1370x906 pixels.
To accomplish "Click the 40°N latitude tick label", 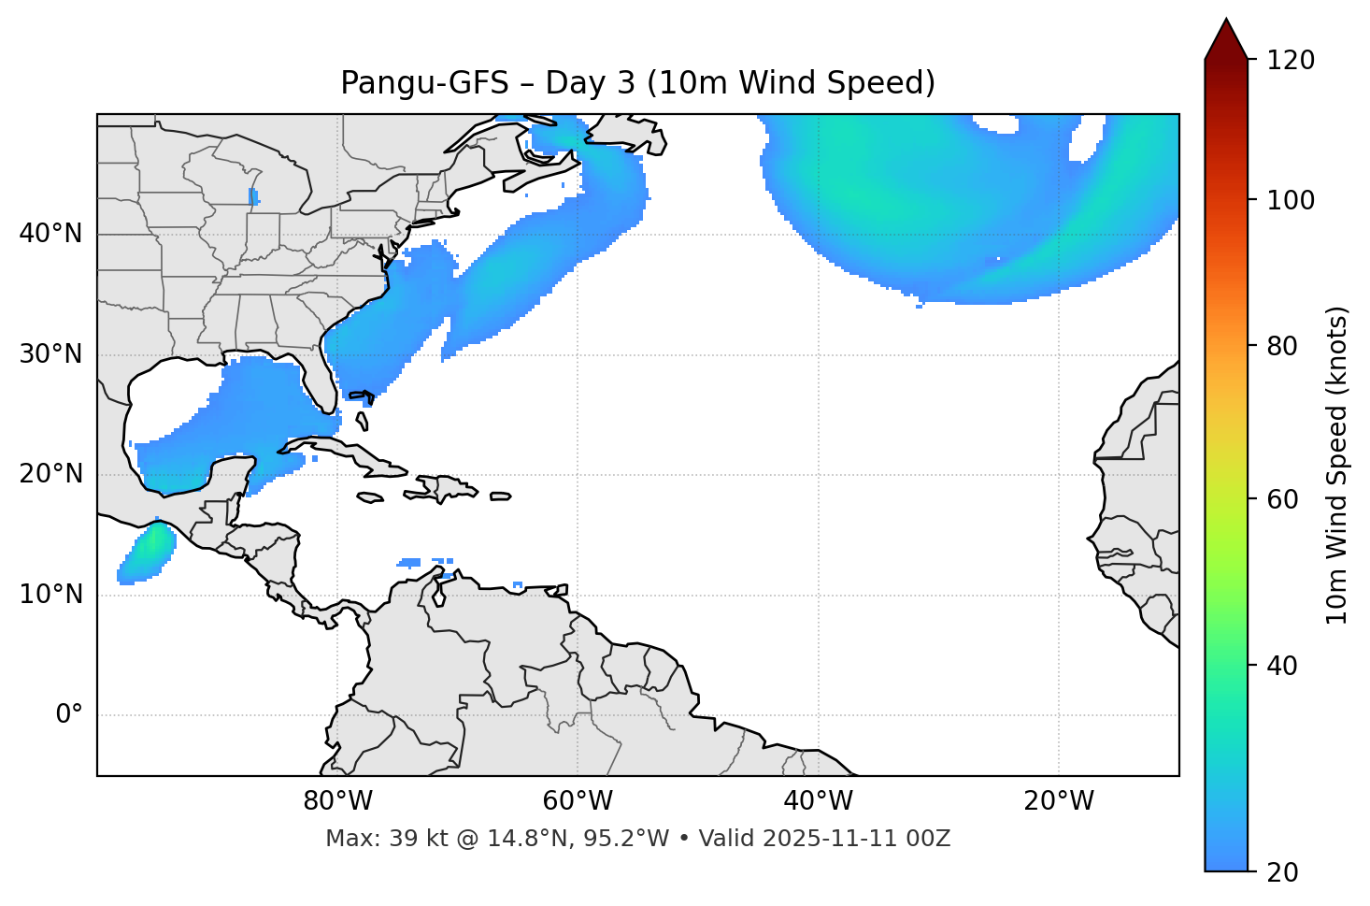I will point(50,234).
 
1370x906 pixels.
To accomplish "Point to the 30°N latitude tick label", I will point(50,354).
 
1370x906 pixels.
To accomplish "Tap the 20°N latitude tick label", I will point(50,474).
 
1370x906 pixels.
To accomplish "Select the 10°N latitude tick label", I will point(50,595).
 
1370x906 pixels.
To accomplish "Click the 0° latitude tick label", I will point(69,715).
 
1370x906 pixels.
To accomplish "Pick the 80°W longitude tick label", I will point(337,801).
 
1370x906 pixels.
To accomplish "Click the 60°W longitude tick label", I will point(578,801).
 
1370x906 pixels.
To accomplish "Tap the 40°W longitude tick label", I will point(818,801).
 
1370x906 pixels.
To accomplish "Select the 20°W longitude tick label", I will point(1059,801).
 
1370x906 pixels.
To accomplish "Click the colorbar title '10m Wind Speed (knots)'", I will point(1337,465).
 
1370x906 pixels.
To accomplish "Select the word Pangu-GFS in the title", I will point(424,83).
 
